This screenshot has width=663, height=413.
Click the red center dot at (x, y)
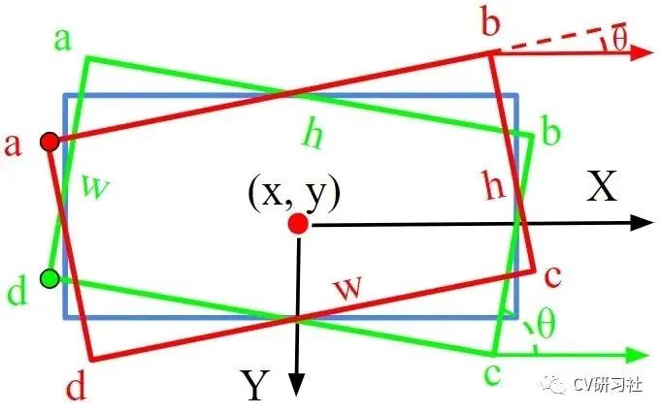298,224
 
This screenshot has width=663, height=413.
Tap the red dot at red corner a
50,143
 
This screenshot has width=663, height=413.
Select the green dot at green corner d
50,279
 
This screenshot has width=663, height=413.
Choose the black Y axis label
254,387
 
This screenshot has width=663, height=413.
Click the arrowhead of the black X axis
640,222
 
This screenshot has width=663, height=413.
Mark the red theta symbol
618,39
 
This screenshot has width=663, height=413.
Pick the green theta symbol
546,326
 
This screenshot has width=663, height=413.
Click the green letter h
313,136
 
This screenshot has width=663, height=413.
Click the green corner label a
65,40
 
